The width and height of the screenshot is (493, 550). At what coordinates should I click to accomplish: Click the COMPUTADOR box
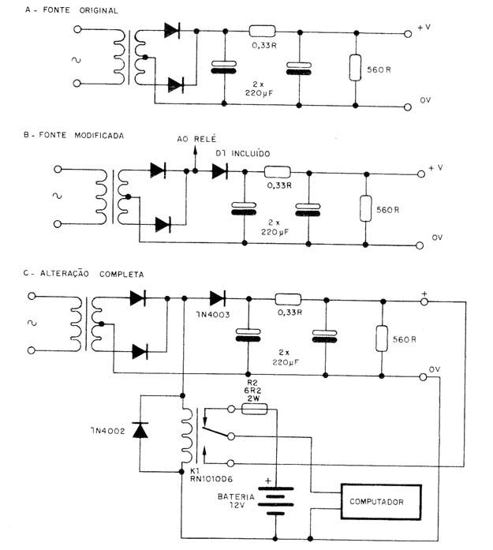pyautogui.click(x=381, y=502)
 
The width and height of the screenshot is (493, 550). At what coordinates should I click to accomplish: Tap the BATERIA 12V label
pyautogui.click(x=236, y=501)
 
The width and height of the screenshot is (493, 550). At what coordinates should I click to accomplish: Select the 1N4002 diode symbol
pyautogui.click(x=140, y=430)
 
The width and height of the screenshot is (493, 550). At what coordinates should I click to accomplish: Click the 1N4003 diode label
pyautogui.click(x=213, y=315)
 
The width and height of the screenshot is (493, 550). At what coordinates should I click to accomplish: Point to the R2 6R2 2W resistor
pyautogui.click(x=255, y=409)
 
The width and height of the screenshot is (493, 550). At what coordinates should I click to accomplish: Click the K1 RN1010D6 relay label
pyautogui.click(x=211, y=475)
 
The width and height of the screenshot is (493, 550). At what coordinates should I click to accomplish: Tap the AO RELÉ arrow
pyautogui.click(x=196, y=158)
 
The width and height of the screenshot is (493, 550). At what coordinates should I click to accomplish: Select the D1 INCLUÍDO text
pyautogui.click(x=243, y=153)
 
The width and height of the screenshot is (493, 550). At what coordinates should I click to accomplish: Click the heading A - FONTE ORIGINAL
pyautogui.click(x=71, y=10)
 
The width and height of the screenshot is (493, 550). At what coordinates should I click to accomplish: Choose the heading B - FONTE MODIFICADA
pyautogui.click(x=73, y=135)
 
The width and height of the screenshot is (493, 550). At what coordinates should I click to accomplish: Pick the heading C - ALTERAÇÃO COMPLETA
pyautogui.click(x=84, y=274)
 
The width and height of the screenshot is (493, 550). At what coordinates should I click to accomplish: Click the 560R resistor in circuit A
pyautogui.click(x=355, y=68)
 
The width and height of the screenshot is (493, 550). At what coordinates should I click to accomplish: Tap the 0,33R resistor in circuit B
pyautogui.click(x=278, y=172)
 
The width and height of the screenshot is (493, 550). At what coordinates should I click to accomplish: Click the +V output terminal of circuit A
pyautogui.click(x=408, y=34)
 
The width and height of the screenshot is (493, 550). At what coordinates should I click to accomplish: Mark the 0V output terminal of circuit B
pyautogui.click(x=420, y=245)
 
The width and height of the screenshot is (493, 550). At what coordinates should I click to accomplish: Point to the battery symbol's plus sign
pyautogui.click(x=268, y=481)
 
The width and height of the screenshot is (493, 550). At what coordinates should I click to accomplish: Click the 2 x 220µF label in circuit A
pyautogui.click(x=260, y=88)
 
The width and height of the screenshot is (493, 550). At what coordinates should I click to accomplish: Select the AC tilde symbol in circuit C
pyautogui.click(x=32, y=323)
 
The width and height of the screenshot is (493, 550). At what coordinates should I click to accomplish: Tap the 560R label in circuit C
pyautogui.click(x=405, y=339)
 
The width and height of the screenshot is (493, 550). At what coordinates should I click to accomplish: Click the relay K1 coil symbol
pyautogui.click(x=187, y=435)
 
